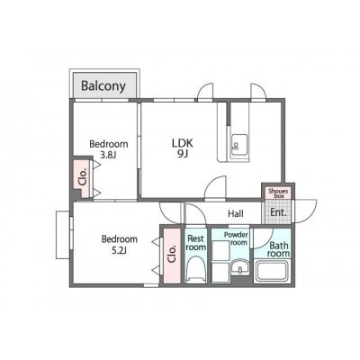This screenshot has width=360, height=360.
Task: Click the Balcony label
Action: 103,86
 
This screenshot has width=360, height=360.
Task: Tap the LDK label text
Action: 183,143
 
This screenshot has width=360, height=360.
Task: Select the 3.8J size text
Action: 108,155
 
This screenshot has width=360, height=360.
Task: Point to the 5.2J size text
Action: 120,250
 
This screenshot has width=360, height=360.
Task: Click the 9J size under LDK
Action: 183,154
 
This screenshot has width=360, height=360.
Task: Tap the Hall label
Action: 236,214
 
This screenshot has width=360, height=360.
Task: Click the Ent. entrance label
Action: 278,212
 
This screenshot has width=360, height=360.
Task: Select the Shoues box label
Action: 278,193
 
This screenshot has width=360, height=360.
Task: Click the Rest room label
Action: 195,243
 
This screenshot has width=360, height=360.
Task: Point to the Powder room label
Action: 237,238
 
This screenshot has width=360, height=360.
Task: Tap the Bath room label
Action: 279,249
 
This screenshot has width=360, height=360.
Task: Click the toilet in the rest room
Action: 195,269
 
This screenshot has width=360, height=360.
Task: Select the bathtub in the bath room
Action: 273,271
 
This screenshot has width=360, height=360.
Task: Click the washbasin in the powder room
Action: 240,266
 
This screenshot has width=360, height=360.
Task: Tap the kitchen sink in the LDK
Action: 239,145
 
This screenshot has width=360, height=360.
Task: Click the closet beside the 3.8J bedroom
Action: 82,178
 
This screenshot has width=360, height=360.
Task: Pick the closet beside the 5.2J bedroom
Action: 172,256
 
